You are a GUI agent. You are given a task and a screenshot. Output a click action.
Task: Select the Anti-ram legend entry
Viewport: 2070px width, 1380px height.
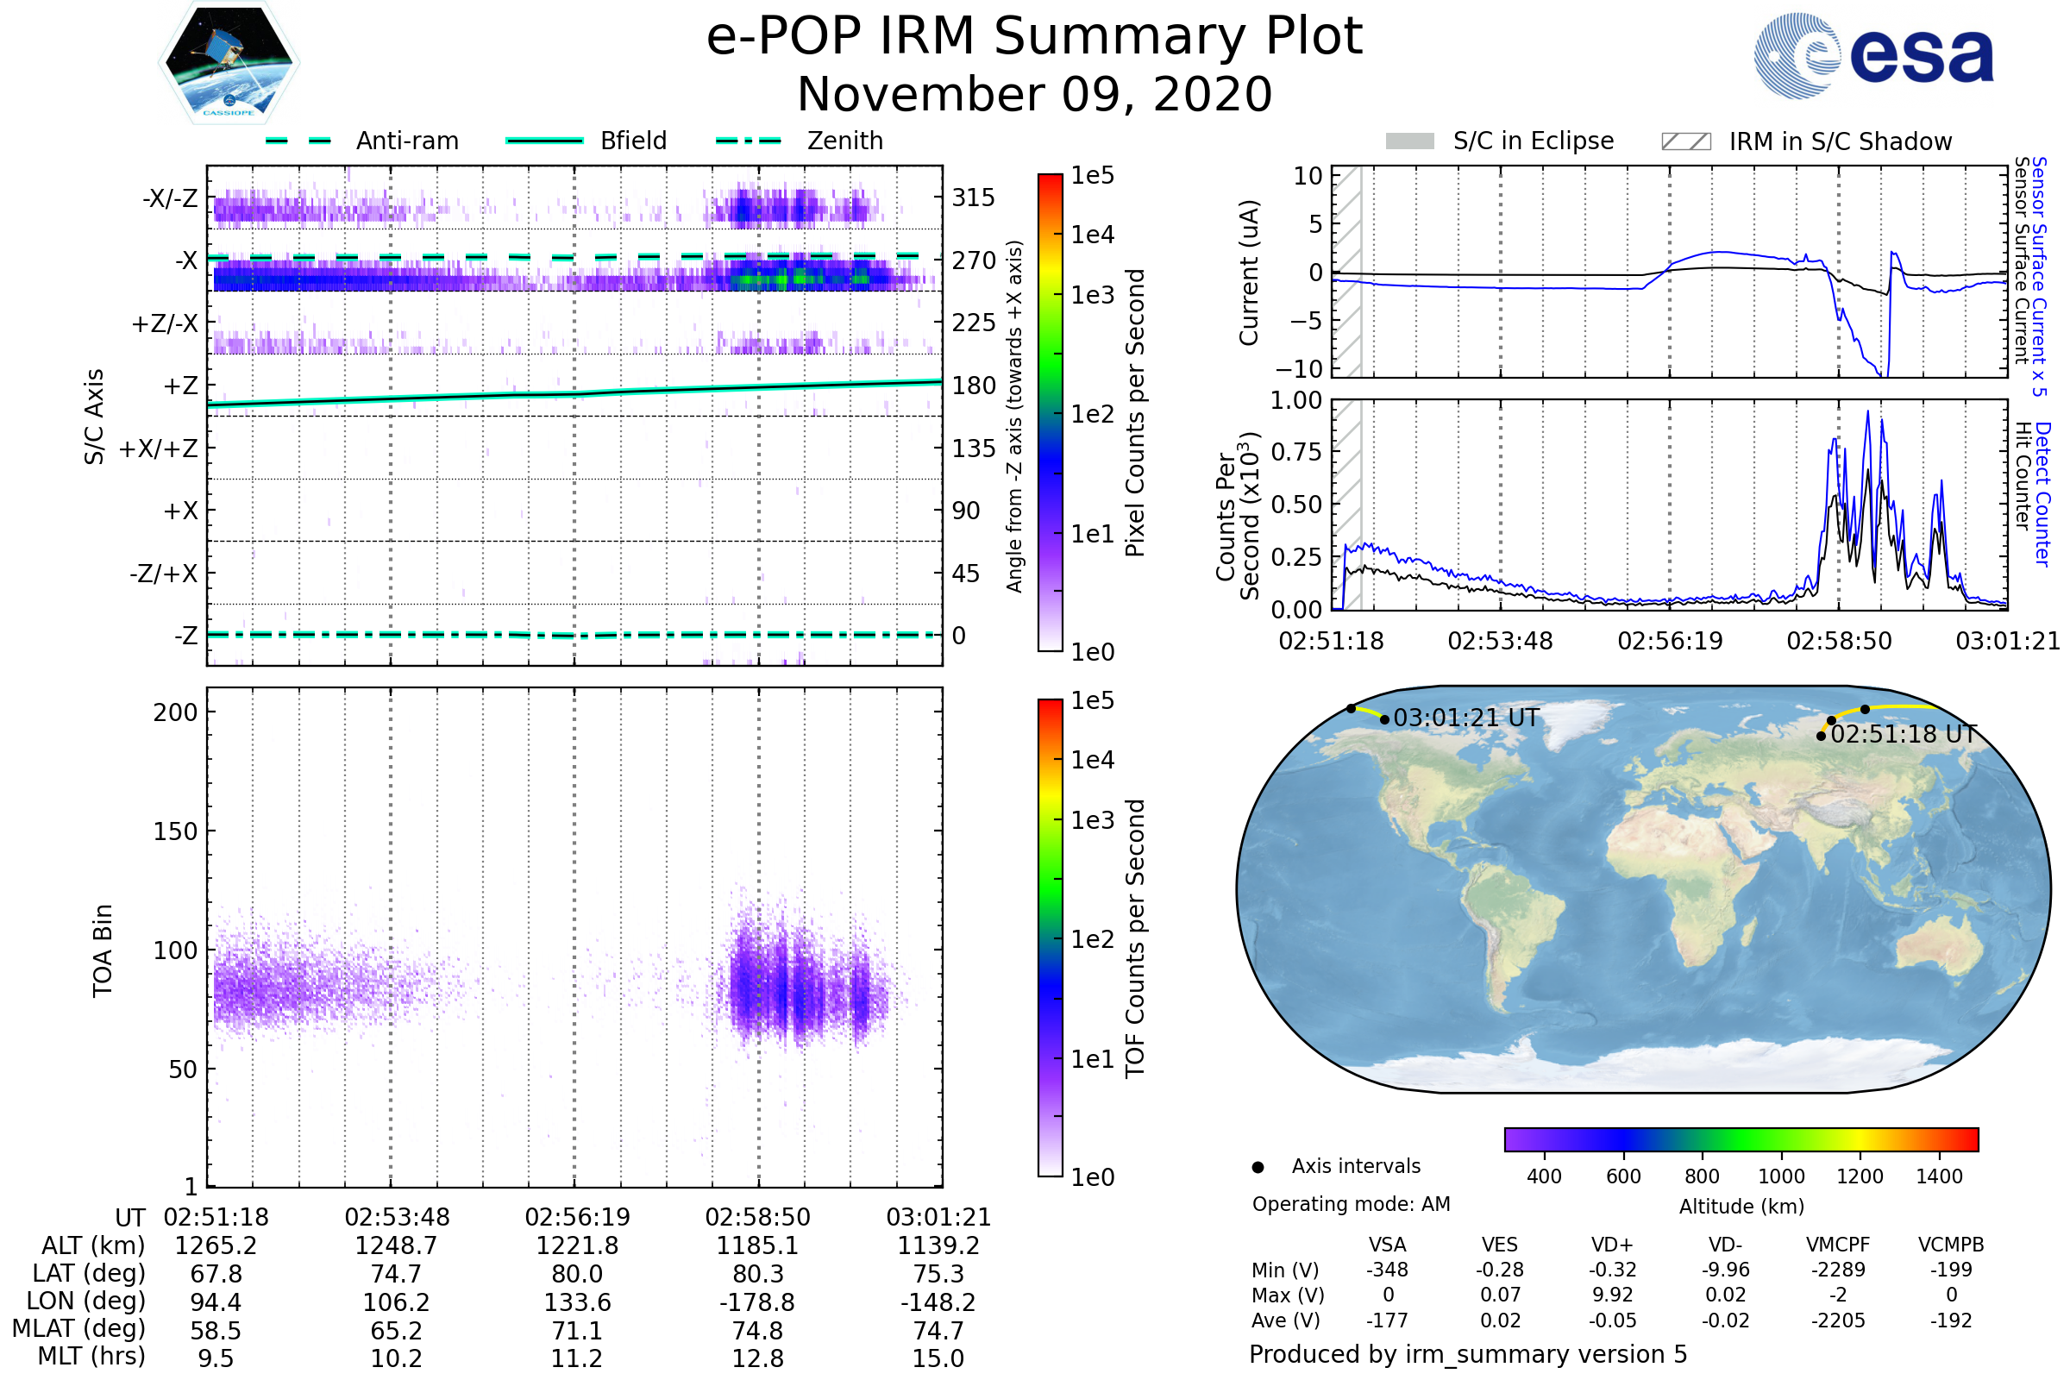click(406, 141)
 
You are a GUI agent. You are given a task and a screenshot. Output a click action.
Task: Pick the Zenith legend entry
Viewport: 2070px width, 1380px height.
click(844, 141)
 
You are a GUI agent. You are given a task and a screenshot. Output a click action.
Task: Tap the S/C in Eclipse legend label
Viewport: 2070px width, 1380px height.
click(1533, 141)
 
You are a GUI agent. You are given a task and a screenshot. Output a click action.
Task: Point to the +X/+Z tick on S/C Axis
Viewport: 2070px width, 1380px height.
click(159, 448)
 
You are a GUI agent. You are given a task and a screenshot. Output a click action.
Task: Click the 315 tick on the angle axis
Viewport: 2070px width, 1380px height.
click(974, 198)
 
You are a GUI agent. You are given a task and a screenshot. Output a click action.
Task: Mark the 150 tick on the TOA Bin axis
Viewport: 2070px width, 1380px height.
click(175, 831)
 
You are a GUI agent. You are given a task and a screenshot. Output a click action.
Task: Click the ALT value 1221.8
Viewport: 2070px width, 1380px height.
click(576, 1245)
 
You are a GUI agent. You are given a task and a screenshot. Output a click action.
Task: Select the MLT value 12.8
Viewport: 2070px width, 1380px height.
click(757, 1358)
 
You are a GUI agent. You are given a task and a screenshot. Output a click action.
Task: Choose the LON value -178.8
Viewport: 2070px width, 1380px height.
click(757, 1302)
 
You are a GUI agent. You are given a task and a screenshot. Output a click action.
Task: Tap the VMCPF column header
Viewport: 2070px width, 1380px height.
click(1838, 1245)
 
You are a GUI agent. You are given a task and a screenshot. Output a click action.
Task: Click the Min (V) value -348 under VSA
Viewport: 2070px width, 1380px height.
click(1387, 1270)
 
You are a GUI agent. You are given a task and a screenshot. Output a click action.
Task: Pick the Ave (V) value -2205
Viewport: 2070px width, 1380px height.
click(1838, 1320)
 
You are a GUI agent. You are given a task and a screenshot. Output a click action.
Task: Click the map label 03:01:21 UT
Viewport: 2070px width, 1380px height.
click(1466, 718)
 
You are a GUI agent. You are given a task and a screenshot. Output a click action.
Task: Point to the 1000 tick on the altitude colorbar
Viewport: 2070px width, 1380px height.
click(1780, 1176)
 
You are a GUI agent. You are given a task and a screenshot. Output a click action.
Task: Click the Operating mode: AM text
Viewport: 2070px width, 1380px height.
click(1351, 1204)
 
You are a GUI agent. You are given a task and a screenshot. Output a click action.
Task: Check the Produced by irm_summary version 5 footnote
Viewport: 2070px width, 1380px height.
click(1468, 1354)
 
